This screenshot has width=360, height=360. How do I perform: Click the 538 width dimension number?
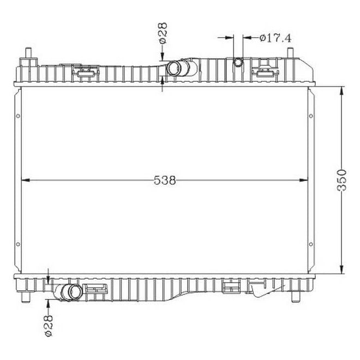164,180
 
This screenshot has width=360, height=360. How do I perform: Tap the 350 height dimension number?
342,179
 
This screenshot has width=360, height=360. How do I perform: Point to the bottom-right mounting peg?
296,296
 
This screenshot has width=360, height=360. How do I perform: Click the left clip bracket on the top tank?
85,72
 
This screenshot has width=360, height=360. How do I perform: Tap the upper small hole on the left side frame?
19,116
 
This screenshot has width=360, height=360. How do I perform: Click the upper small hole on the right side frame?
311,116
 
